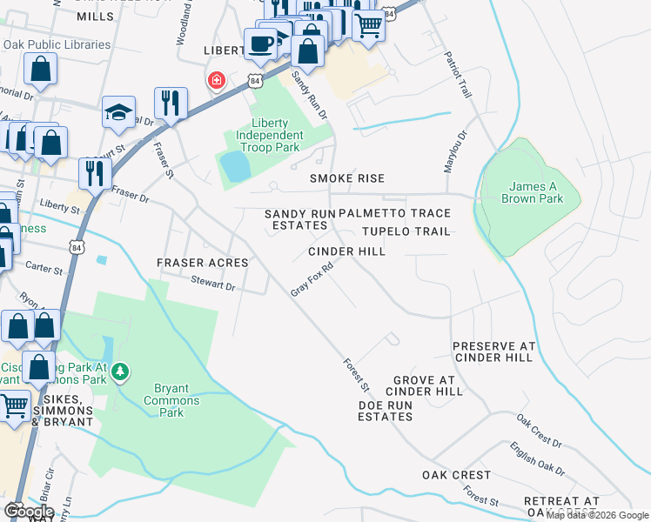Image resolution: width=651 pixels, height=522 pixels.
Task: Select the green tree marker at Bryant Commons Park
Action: pos(120,372)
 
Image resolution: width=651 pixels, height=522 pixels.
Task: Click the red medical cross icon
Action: pos(214,82)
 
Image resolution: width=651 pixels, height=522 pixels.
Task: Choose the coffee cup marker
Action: pos(260,43)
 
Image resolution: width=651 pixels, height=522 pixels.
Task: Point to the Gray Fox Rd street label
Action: pos(312,279)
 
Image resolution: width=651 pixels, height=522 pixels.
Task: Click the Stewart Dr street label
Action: pos(213,284)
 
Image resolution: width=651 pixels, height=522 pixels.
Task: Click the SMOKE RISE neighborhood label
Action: pos(347,178)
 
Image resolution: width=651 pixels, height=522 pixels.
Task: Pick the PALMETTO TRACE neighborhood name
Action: pos(394,213)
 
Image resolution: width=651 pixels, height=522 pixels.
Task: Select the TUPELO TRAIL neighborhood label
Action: pos(406,231)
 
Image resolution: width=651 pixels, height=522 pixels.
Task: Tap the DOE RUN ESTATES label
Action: pos(385,411)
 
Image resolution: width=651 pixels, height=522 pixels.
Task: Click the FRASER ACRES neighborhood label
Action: pos(202,262)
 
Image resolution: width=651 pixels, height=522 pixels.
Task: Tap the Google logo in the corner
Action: pos(29,511)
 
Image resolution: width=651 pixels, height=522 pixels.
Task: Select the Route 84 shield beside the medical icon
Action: pos(253,80)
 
